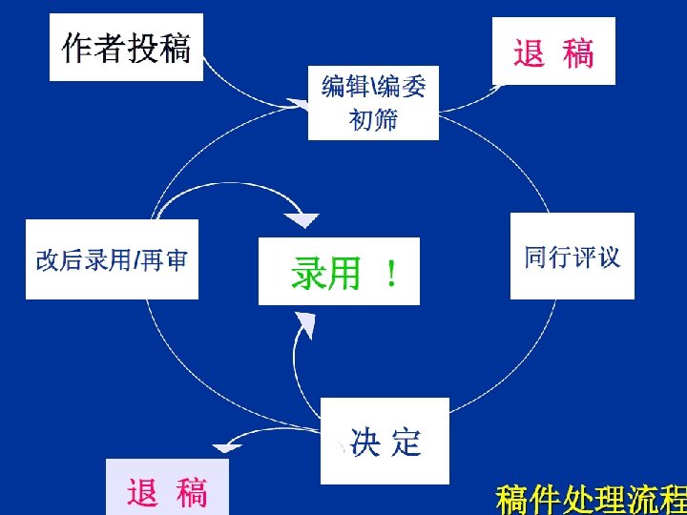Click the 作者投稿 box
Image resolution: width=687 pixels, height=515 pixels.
point(126,49)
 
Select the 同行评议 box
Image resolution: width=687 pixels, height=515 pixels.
point(572,257)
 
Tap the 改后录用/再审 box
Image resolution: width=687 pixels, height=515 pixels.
point(112,259)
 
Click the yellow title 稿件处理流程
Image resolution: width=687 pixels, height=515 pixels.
point(591,499)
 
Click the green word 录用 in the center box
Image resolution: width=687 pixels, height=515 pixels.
point(325,275)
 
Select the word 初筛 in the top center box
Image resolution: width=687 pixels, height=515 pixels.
point(373,120)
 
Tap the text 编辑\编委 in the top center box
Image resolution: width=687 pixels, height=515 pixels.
point(373,88)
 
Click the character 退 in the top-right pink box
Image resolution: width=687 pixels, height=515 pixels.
point(530,52)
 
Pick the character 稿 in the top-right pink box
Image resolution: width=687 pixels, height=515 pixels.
point(578,52)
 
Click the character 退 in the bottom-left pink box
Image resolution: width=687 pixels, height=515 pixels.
point(142,492)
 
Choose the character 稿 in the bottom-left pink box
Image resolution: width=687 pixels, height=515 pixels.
point(191,492)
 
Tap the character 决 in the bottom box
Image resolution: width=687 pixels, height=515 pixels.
point(364,442)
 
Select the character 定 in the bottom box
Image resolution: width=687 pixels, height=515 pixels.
point(406,442)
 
